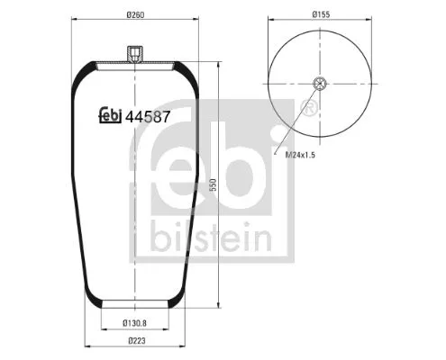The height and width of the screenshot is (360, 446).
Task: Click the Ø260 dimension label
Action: (134, 14)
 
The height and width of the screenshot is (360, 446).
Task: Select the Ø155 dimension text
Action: (322, 14)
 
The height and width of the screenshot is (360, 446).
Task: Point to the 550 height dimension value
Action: (214, 184)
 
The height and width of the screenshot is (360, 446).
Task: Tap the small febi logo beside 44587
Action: (109, 115)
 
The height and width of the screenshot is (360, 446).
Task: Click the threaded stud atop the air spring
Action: (133, 57)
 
